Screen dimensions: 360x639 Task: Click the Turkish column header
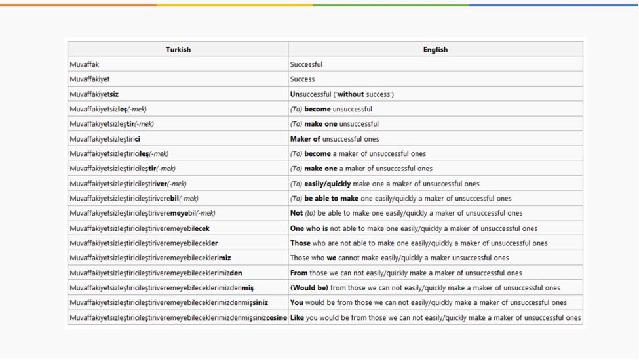[x=178, y=49]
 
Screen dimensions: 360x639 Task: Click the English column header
[x=435, y=49]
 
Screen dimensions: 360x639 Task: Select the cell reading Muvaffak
[x=85, y=64]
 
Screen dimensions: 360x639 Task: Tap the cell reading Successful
[x=306, y=64]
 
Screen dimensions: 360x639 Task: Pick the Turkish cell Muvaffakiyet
[x=90, y=79]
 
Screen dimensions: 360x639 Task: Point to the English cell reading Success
[x=302, y=79]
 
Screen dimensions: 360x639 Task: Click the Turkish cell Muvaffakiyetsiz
[x=94, y=94]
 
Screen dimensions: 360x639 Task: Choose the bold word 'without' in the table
[x=350, y=94]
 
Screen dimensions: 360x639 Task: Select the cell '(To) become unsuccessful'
[x=331, y=110]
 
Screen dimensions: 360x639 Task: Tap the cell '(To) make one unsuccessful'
[x=334, y=124]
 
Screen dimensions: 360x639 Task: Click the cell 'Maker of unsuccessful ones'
[x=334, y=139]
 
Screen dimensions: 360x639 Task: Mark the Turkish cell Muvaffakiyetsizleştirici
[x=105, y=139]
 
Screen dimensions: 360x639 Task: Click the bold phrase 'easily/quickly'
[x=327, y=184]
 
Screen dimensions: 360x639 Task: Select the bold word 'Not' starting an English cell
[x=296, y=213]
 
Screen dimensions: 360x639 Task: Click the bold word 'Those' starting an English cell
[x=300, y=243]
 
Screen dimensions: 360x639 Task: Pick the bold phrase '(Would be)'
[x=309, y=288]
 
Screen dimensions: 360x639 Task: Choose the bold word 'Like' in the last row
[x=297, y=318]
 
